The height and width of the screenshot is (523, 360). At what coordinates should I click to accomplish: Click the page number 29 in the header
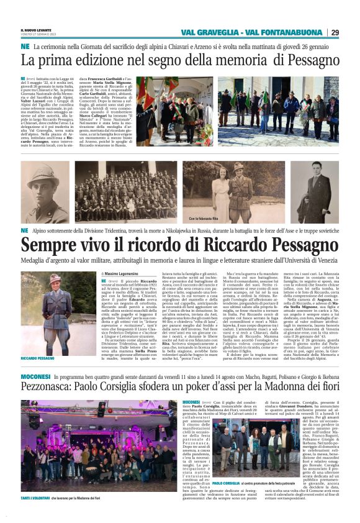(351, 32)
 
